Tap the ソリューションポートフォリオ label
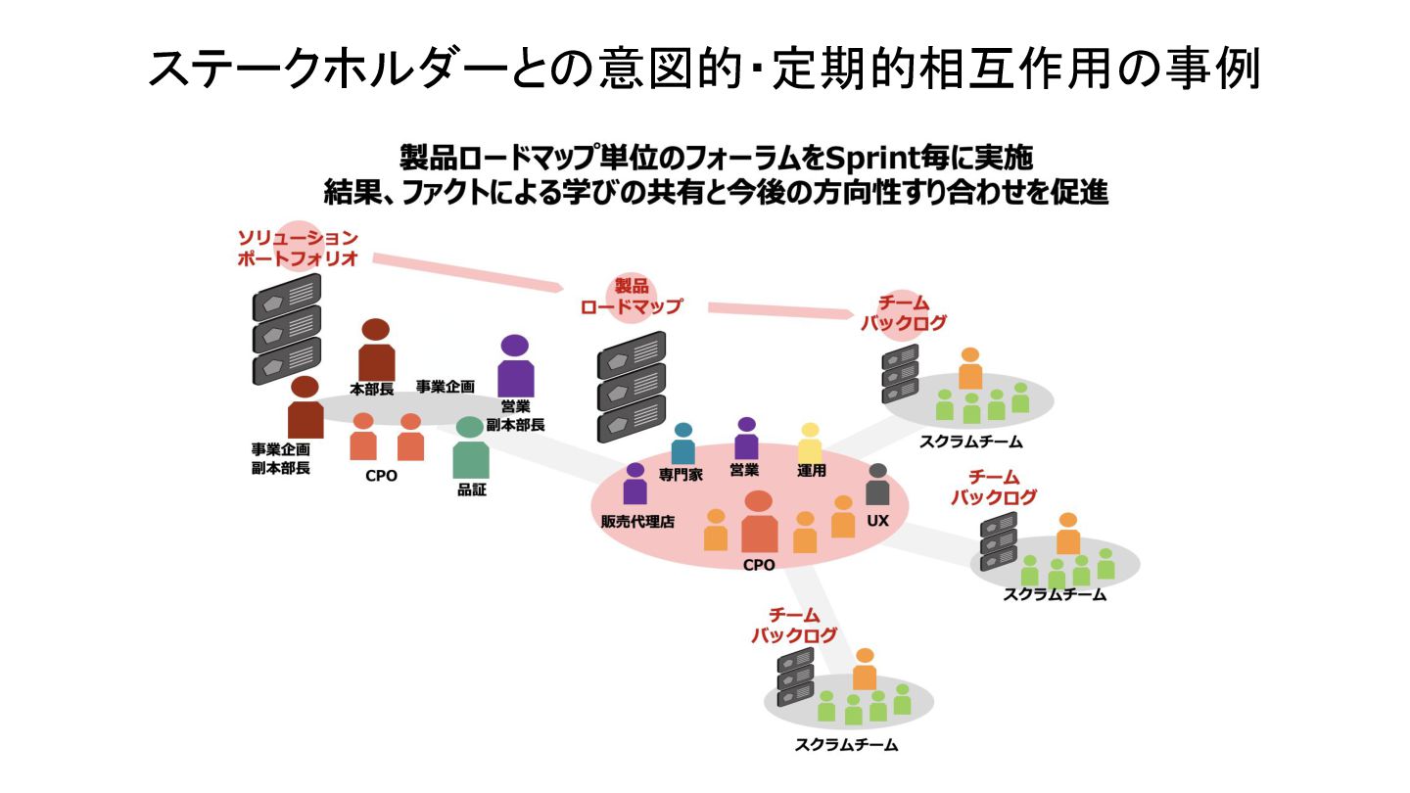coord(298,249)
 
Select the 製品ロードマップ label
coord(631,296)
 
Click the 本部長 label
coord(371,389)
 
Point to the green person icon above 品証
coord(471,450)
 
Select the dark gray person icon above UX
coord(877,486)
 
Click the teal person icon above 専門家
coord(683,444)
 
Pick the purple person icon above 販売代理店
coord(635,485)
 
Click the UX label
coord(877,520)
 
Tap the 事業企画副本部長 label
coord(281,458)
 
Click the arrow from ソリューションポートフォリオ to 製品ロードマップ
coord(465,272)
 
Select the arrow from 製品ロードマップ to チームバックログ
coord(778,310)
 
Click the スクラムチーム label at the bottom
coord(847,745)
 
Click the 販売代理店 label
coord(637,522)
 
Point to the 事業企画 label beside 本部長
coord(446,387)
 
